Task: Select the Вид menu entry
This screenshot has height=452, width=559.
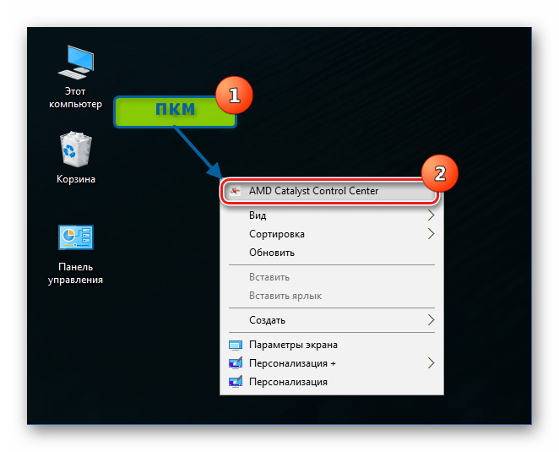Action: click(x=258, y=215)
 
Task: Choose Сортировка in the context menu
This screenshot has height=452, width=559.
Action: click(x=277, y=234)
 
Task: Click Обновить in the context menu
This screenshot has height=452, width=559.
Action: click(x=272, y=253)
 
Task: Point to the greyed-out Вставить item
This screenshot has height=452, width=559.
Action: click(x=269, y=277)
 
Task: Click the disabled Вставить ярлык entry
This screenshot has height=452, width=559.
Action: click(x=285, y=296)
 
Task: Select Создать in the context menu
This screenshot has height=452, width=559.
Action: click(x=267, y=320)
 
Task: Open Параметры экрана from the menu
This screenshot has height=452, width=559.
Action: click(x=293, y=345)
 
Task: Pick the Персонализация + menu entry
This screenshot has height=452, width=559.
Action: click(x=292, y=363)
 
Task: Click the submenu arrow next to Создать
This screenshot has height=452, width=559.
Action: click(x=431, y=320)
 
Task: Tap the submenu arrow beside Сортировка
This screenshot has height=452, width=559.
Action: click(x=431, y=234)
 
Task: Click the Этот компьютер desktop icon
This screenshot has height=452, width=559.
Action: click(x=76, y=77)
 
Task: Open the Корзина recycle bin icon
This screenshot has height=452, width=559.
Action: click(x=76, y=158)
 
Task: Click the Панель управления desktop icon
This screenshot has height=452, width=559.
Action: click(x=76, y=254)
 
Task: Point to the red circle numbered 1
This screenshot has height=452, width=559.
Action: click(x=234, y=95)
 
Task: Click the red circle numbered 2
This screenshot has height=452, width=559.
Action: click(x=440, y=173)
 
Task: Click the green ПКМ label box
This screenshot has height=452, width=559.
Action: click(x=175, y=112)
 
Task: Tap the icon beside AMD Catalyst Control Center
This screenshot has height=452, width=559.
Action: click(x=235, y=191)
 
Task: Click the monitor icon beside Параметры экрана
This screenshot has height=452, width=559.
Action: click(x=236, y=345)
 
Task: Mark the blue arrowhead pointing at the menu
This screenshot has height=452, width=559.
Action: click(x=215, y=172)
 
